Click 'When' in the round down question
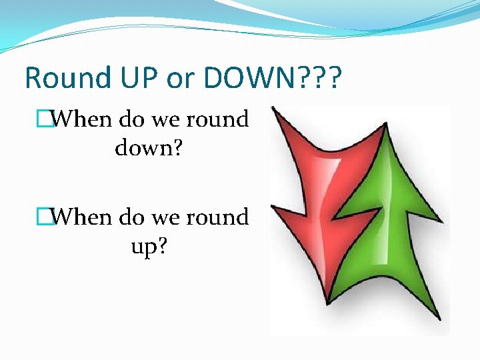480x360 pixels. [82, 120]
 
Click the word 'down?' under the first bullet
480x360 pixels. [149, 147]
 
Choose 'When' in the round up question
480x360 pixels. [82, 217]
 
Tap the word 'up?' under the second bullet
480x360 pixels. [149, 246]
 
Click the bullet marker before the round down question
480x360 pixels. [45, 120]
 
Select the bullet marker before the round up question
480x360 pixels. [45, 217]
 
